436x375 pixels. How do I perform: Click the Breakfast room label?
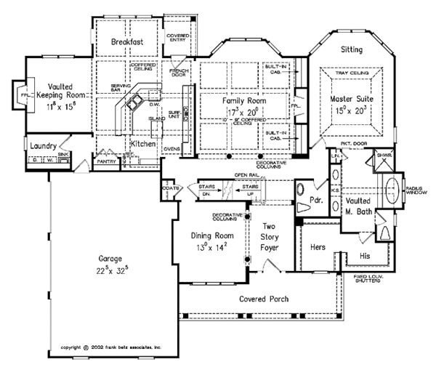coord(126,42)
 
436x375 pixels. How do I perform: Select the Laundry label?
coord(44,146)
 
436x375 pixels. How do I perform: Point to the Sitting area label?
coord(353,49)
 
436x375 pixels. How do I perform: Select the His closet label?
coord(366,255)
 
